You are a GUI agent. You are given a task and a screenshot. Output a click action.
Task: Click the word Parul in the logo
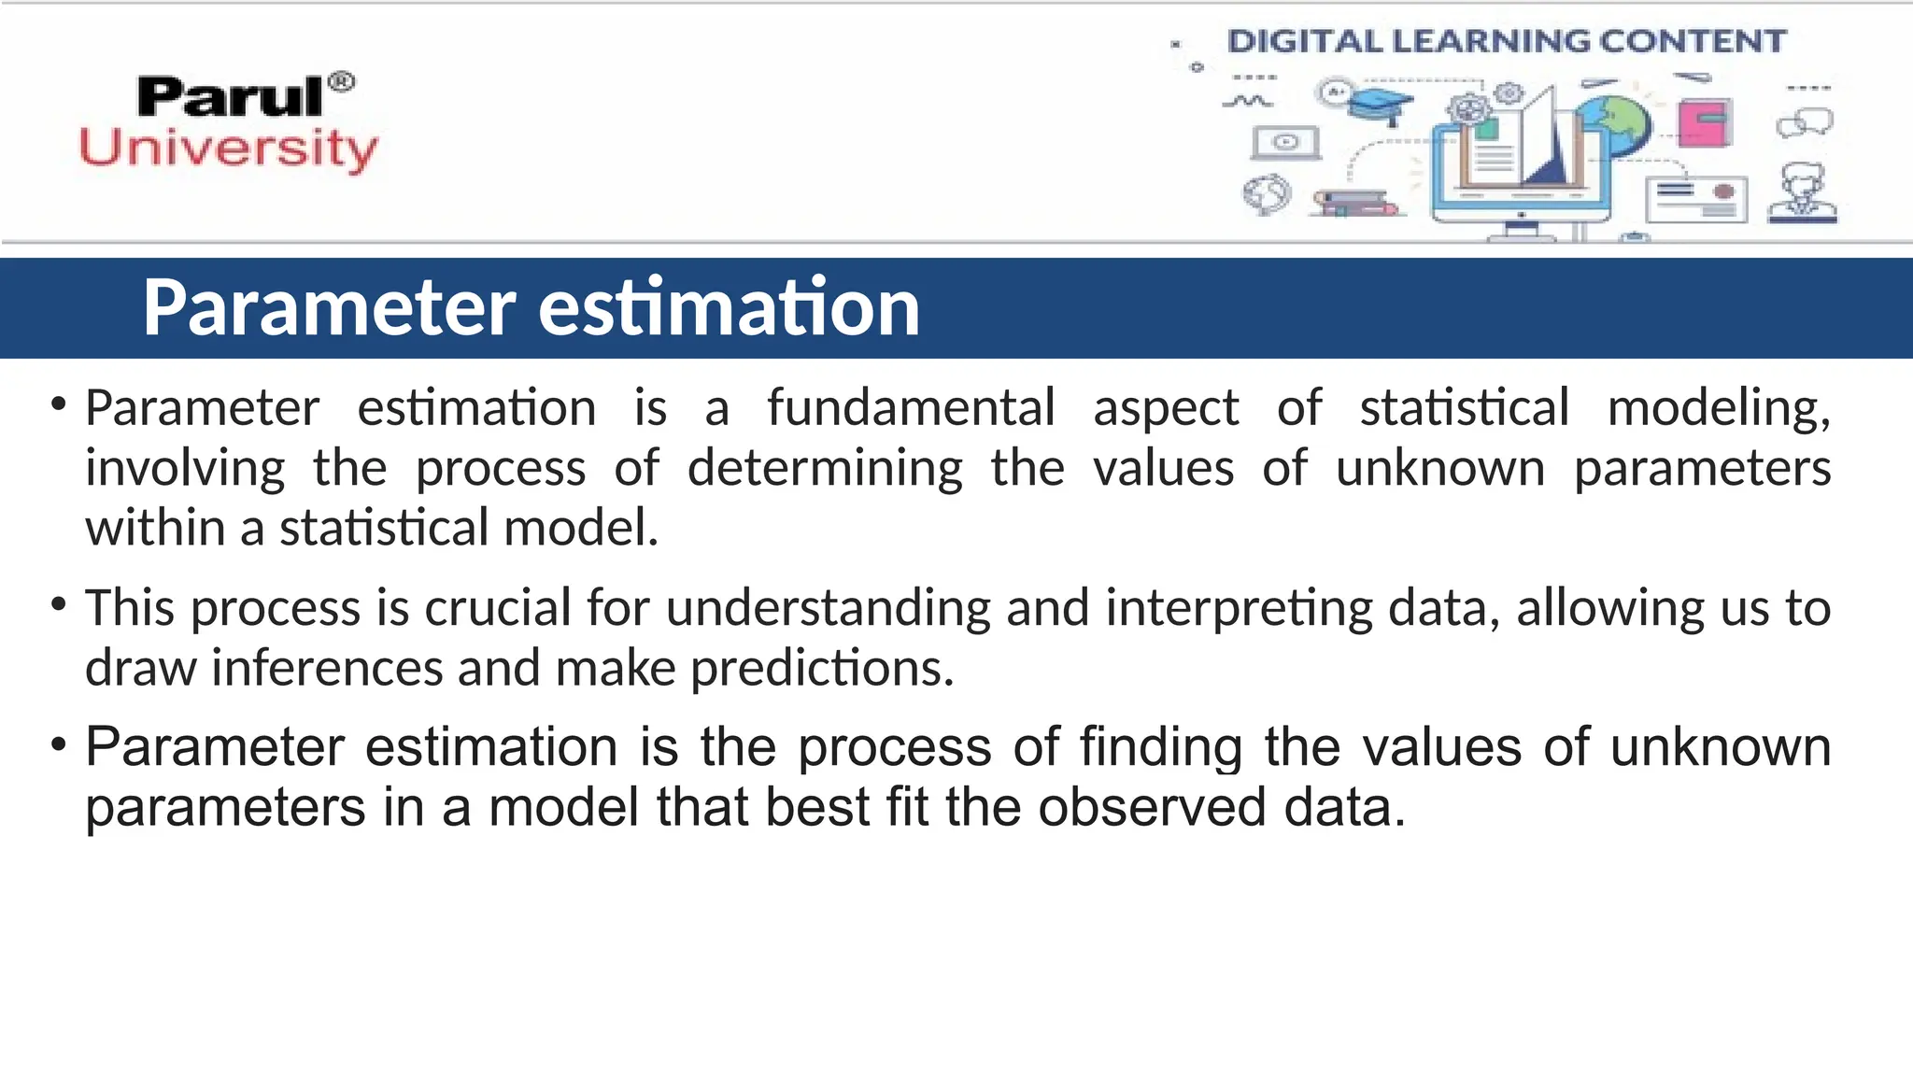230,97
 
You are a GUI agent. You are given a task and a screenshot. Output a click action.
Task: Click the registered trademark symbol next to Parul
343,82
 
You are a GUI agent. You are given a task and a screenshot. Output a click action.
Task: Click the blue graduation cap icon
1382,104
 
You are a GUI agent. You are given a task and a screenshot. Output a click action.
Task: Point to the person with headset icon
1803,194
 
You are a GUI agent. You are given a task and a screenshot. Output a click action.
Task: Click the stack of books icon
1354,203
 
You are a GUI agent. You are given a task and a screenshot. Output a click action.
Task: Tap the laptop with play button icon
1285,143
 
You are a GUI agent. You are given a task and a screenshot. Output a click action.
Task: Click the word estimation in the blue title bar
729,307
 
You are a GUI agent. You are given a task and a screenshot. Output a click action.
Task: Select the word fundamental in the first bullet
911,408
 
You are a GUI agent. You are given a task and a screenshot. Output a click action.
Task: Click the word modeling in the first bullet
1718,408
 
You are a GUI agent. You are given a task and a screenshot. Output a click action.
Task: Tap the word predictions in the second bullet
822,669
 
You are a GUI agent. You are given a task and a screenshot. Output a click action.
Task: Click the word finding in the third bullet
1161,747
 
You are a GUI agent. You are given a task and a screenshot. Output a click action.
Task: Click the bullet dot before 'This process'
59,604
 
